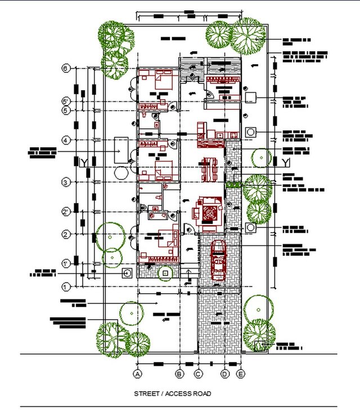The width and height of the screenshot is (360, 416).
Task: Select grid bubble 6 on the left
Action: point(66,68)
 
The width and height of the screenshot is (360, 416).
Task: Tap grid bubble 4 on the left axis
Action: point(66,140)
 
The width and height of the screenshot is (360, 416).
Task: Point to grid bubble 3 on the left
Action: point(66,182)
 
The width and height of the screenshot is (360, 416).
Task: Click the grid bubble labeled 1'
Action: point(66,263)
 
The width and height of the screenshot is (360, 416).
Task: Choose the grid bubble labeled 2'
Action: point(66,212)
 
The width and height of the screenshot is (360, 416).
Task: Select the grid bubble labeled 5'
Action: point(66,101)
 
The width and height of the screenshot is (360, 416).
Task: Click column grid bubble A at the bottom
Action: point(137,373)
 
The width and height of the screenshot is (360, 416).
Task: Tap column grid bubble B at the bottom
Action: point(179,373)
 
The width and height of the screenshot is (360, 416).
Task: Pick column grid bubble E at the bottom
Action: point(241,373)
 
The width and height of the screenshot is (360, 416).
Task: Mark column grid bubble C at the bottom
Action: point(198,373)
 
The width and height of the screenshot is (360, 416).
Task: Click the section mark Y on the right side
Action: point(286,163)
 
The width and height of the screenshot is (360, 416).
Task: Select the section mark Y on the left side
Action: point(84,163)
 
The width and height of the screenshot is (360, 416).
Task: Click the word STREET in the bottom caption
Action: point(146,393)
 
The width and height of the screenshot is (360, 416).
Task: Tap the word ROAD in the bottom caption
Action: point(202,393)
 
